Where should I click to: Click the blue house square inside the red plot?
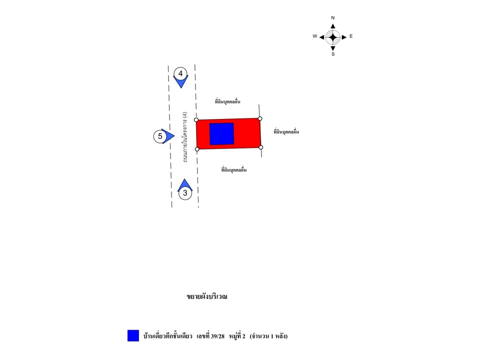point(221,134)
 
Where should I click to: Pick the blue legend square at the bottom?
point(133,335)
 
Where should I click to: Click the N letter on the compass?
point(333,18)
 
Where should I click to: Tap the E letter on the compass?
point(351,36)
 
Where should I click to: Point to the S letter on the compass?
point(333,54)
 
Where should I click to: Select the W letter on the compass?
point(314,36)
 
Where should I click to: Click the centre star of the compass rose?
point(333,37)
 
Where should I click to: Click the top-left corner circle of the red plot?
point(196,119)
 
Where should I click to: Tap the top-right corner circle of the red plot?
point(260,118)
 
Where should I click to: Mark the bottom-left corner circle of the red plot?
point(197,149)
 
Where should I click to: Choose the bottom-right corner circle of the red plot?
point(261,147)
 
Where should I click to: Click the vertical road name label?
point(184,137)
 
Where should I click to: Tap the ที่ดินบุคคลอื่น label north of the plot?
point(227,101)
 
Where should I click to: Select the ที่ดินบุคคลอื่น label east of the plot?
point(286,131)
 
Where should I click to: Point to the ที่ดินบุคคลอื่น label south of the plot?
point(234,169)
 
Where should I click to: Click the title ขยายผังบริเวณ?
point(207,296)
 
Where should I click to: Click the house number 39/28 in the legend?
point(217,336)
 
